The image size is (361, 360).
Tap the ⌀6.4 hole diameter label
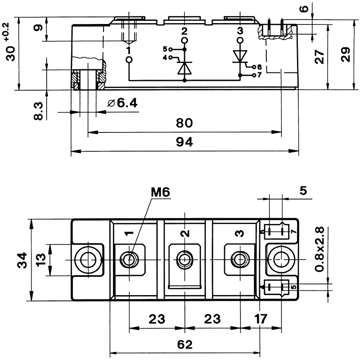click(x=122, y=103)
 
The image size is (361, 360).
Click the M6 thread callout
click(x=160, y=192)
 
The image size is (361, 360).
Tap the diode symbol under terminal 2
click(x=184, y=67)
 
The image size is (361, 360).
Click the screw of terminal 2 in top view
click(x=184, y=259)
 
